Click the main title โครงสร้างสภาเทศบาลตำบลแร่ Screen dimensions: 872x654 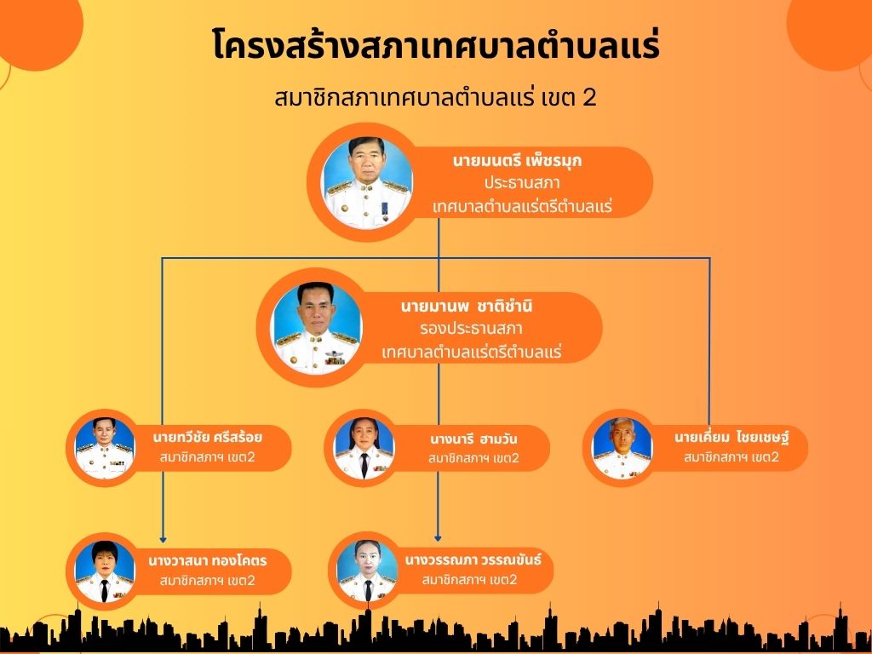tap(436, 44)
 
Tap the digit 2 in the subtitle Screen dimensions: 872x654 tap(589, 98)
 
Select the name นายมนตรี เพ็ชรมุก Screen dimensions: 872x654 tap(517, 161)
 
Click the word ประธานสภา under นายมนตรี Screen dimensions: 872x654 tap(522, 184)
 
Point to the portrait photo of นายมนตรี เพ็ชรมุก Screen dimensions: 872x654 tap(367, 182)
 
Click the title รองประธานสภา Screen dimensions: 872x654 tap(471, 329)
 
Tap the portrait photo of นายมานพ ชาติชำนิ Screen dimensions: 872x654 tap(316, 328)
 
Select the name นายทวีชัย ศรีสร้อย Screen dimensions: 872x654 tap(208, 437)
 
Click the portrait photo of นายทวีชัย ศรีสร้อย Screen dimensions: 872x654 tap(105, 448)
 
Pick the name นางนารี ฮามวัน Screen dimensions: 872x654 tap(473, 439)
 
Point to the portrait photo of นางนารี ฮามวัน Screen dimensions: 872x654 tap(364, 448)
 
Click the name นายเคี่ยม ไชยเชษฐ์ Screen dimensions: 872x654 tap(731, 437)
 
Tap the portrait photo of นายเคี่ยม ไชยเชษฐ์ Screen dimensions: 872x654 tap(622, 448)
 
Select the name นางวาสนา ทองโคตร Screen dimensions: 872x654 tap(208, 560)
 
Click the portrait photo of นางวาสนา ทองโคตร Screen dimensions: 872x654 tap(105, 571)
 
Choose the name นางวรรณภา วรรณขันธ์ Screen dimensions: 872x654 tap(473, 559)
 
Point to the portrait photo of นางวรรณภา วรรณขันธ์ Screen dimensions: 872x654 tap(367, 571)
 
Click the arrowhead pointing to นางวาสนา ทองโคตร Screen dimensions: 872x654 tap(163, 539)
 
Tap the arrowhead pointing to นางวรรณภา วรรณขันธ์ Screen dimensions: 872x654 tap(438, 538)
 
